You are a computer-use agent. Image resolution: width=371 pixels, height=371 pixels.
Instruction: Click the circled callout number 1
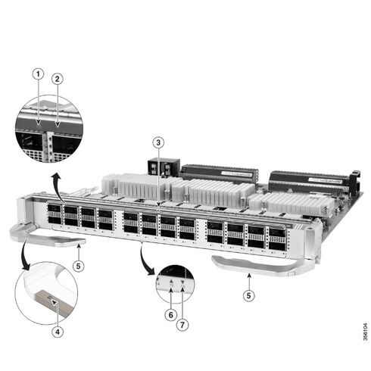coord(36,73)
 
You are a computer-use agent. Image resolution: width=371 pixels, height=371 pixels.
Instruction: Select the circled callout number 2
coord(56,79)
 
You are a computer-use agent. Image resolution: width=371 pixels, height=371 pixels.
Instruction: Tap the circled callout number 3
coord(157,142)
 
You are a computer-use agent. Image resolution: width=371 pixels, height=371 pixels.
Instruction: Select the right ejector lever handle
coord(250,263)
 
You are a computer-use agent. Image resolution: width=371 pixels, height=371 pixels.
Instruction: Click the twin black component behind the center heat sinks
coord(164,167)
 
